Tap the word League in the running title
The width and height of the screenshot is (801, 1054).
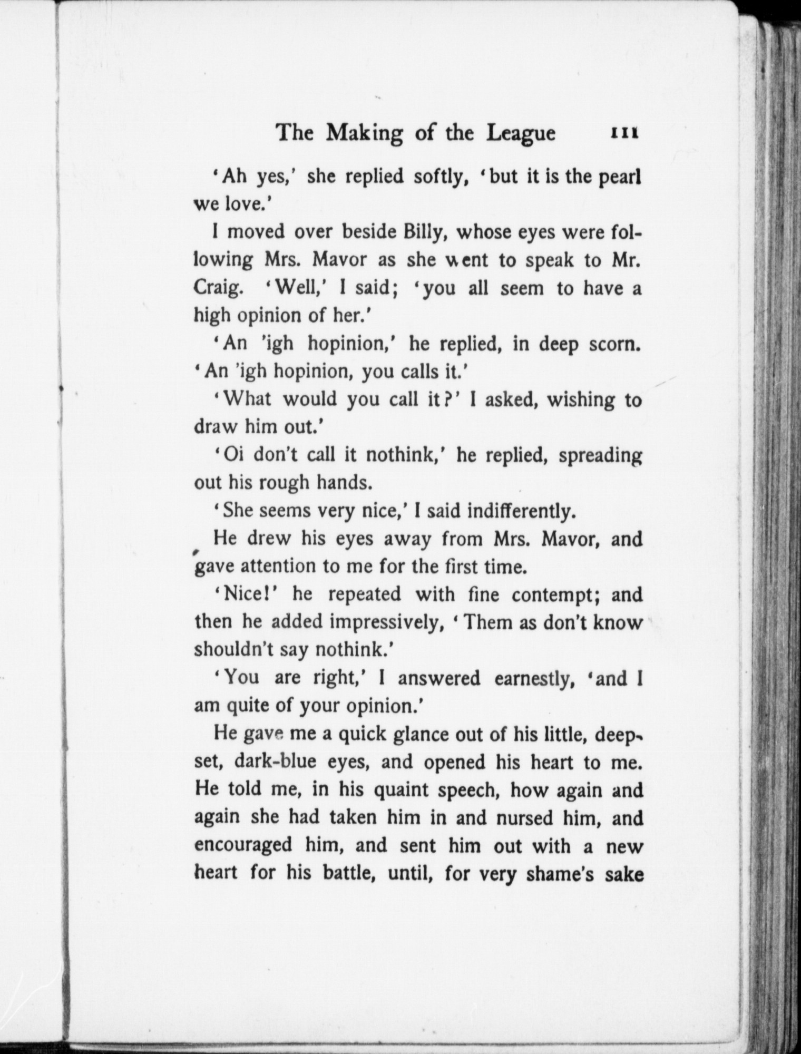pyautogui.click(x=521, y=133)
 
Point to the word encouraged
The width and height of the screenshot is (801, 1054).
pyautogui.click(x=243, y=845)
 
